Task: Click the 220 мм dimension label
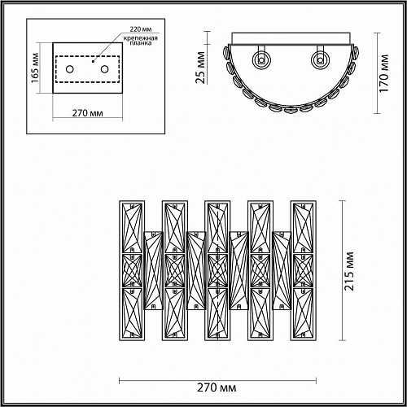click(141, 28)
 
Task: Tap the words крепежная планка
click(141, 41)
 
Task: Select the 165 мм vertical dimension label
click(35, 68)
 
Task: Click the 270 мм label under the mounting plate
click(87, 112)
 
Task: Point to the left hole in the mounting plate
click(70, 69)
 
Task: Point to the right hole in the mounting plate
click(104, 69)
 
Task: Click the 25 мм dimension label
click(200, 68)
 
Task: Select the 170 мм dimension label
click(383, 73)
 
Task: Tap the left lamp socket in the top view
click(260, 59)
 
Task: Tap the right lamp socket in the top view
click(320, 59)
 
